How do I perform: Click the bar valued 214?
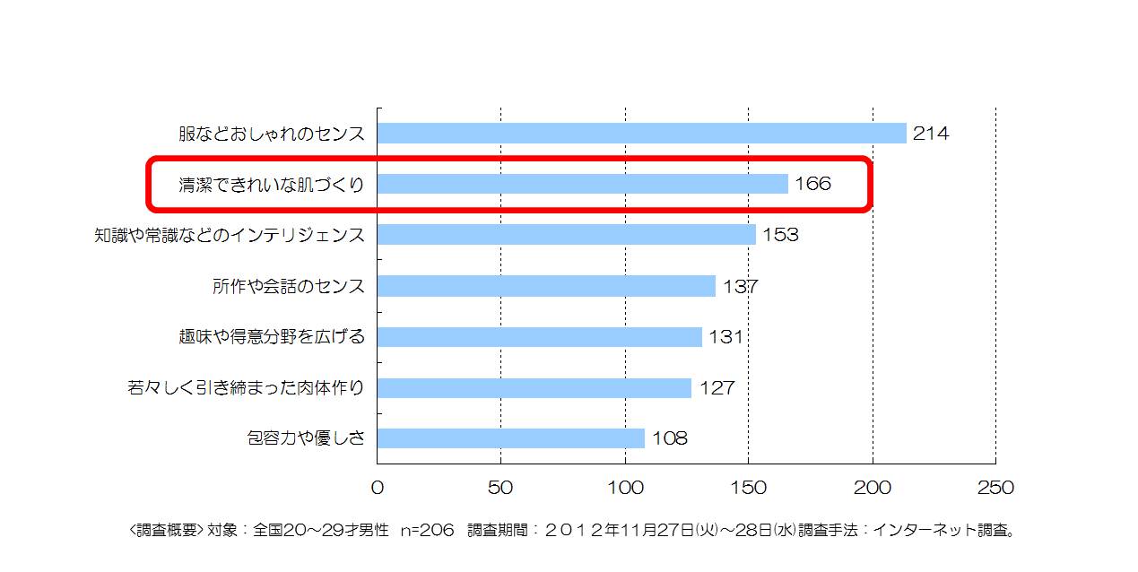[x=641, y=133]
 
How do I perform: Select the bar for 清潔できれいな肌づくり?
[x=582, y=184]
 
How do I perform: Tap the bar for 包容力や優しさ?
[x=510, y=438]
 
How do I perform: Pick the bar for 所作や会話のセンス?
[x=545, y=286]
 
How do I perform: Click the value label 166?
[x=812, y=184]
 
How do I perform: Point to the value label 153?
[x=780, y=235]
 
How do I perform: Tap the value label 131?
[x=725, y=337]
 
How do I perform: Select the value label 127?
[x=716, y=388]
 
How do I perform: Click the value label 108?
[x=669, y=438]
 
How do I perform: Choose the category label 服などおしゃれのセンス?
[x=272, y=134]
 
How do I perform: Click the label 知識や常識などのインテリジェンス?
[x=230, y=235]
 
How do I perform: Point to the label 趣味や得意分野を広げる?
[x=272, y=337]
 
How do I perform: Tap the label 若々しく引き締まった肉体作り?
[x=247, y=388]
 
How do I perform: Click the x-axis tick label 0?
[x=377, y=488]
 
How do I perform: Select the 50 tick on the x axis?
[x=500, y=488]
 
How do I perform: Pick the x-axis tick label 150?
[x=749, y=488]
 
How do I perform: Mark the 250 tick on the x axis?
[x=995, y=488]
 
